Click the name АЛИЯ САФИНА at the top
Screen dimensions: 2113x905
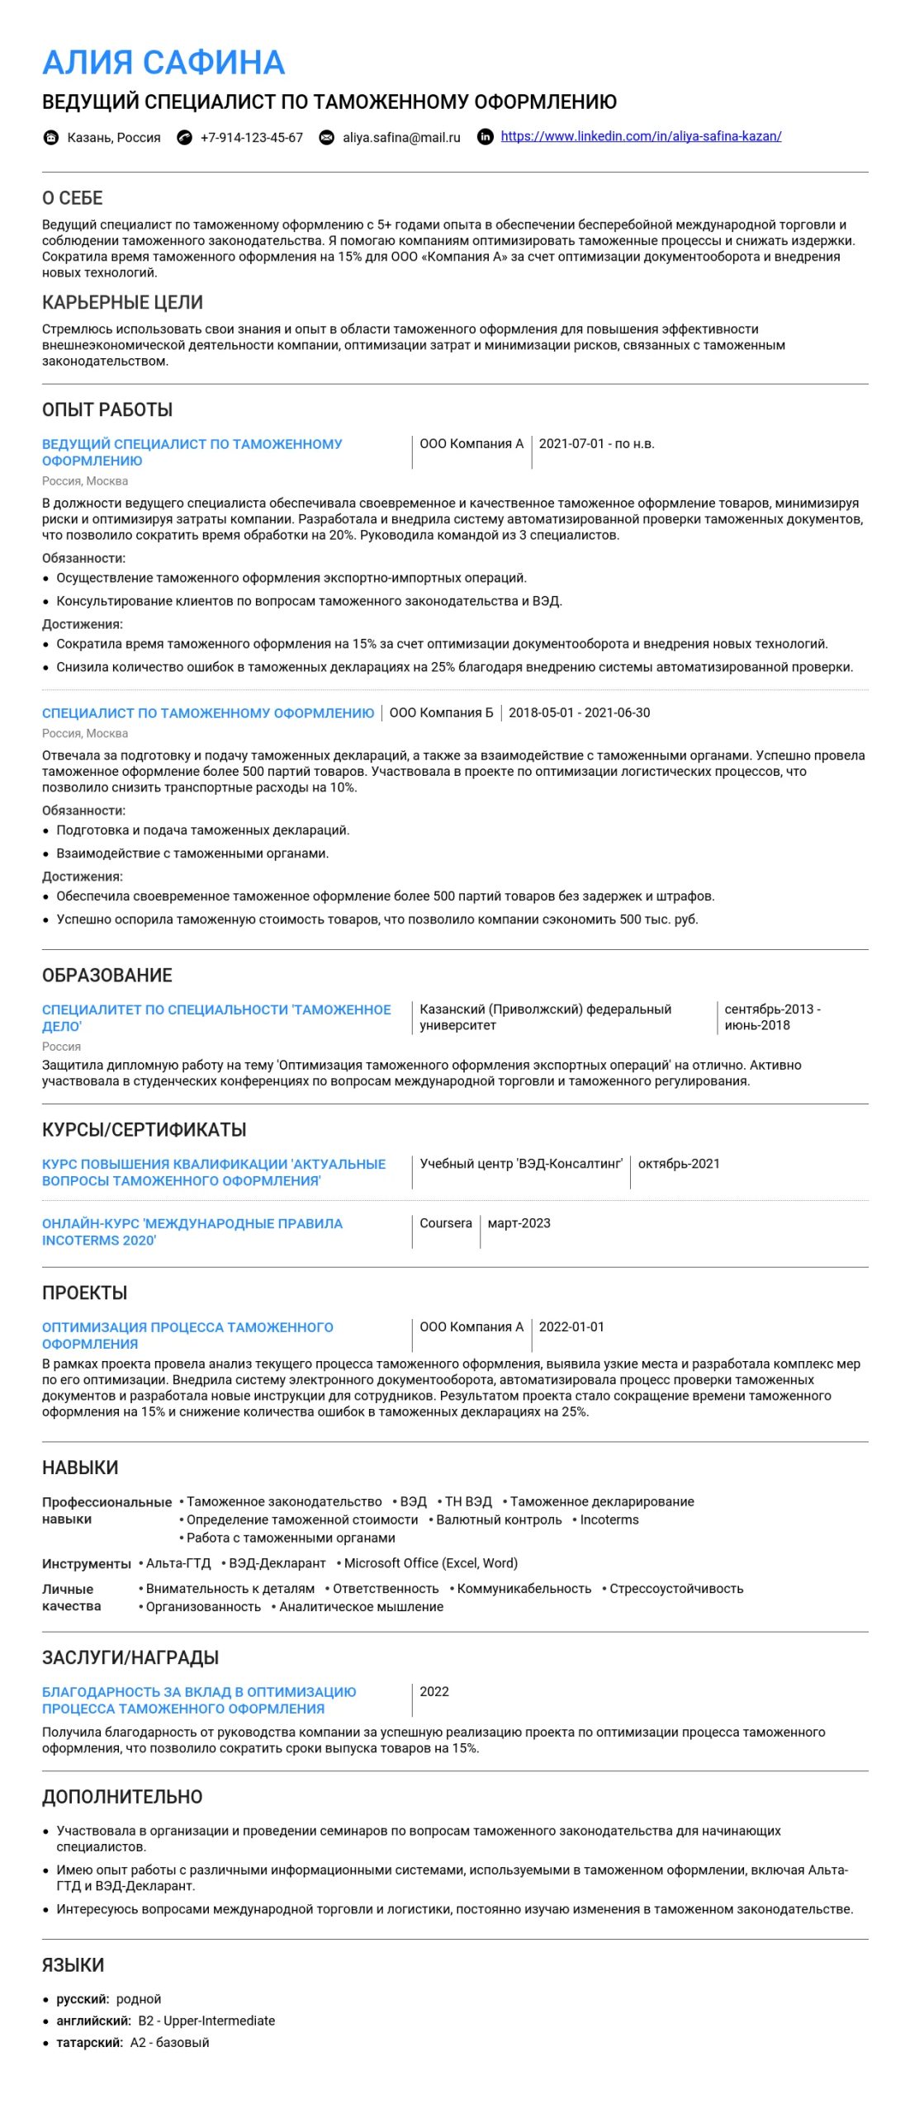point(163,63)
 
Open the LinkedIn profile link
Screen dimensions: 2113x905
point(640,136)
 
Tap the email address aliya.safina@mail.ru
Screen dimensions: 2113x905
point(401,137)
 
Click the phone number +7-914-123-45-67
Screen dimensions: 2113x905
point(251,137)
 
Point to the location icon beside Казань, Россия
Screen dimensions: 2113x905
point(51,137)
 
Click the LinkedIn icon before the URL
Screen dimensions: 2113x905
point(486,137)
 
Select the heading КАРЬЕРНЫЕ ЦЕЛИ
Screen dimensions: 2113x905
point(122,302)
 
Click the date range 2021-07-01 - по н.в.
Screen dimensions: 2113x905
point(596,443)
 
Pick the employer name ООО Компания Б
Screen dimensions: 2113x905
point(441,712)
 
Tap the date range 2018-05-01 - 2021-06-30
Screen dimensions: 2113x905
point(579,712)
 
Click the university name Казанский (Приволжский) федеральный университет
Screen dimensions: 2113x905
point(545,1017)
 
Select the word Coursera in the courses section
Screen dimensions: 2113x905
point(446,1222)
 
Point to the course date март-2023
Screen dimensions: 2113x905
point(519,1222)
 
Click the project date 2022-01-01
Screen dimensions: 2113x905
point(571,1326)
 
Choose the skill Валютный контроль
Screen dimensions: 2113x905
point(499,1520)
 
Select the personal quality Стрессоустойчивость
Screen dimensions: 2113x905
point(676,1588)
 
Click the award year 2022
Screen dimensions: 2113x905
point(434,1691)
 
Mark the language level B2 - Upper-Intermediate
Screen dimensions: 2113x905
point(206,2021)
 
